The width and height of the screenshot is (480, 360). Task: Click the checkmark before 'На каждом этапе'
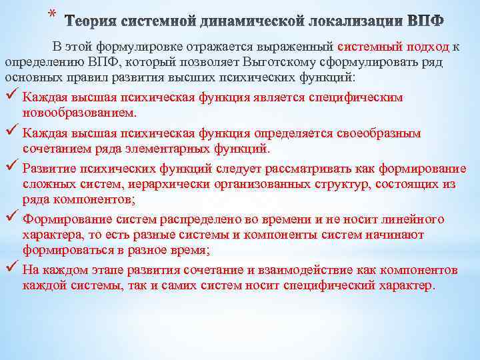coord(11,269)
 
